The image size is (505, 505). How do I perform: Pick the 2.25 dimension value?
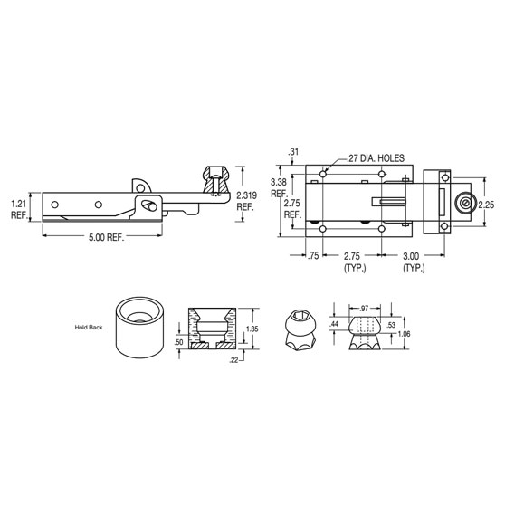point(487,205)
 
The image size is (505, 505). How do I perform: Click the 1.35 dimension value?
point(253,330)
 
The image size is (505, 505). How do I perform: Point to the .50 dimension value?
point(179,344)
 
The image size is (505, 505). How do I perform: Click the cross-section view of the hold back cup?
point(210,330)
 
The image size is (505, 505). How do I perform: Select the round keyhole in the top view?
point(464,205)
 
